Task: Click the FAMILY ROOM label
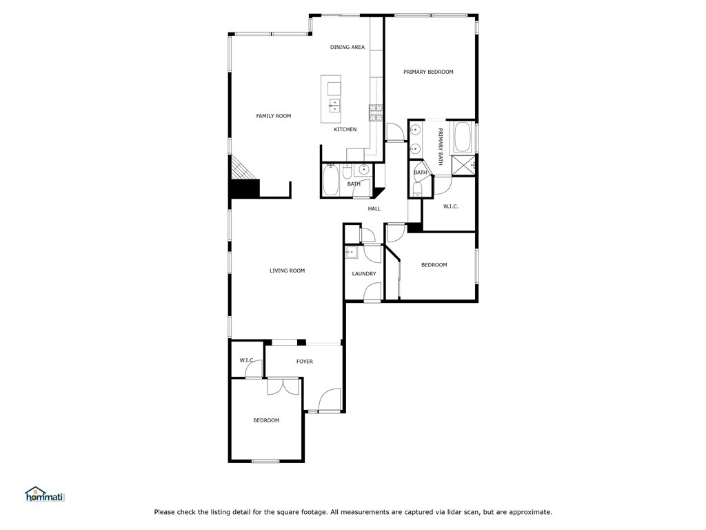[x=273, y=116]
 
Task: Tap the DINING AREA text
[x=347, y=47]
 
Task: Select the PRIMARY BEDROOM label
[x=428, y=72]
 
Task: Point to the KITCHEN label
[x=345, y=129]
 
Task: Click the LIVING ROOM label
[x=288, y=271]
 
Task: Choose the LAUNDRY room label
[x=364, y=273]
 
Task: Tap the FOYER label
[x=304, y=362]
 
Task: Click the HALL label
[x=374, y=208]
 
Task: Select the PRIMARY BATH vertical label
[x=441, y=146]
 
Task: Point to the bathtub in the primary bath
[x=463, y=137]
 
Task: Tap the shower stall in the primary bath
[x=464, y=166]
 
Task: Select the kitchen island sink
[x=334, y=105]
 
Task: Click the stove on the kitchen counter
[x=376, y=113]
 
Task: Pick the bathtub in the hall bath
[x=330, y=179]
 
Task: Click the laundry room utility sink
[x=351, y=253]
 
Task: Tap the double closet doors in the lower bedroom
[x=283, y=387]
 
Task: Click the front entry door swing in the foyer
[x=329, y=400]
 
